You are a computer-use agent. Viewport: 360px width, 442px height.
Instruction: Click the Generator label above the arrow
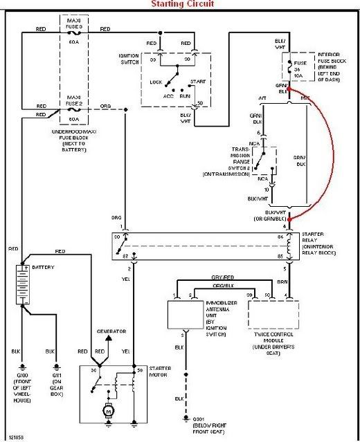(x=111, y=331)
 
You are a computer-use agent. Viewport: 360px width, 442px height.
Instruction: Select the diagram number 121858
(x=17, y=438)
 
